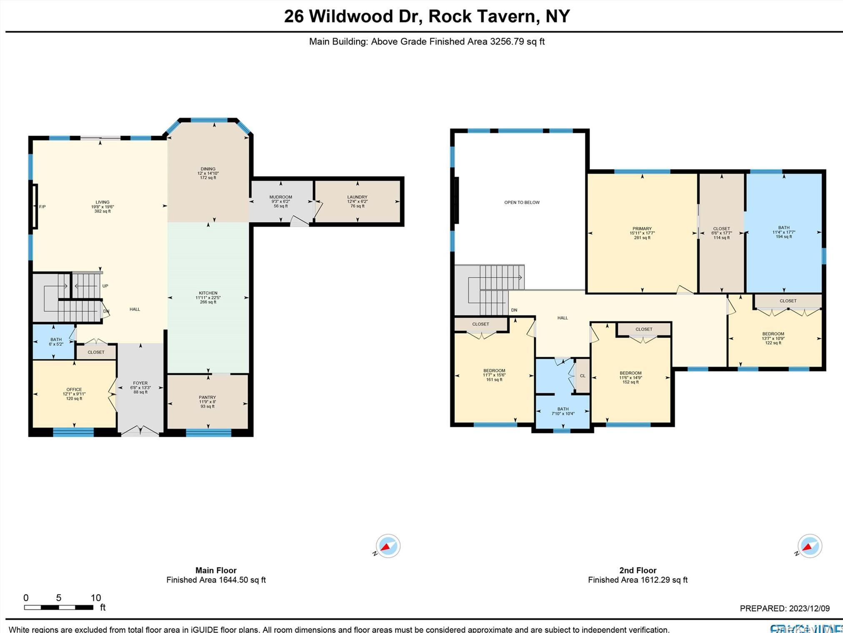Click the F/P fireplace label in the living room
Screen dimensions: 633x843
click(x=42, y=207)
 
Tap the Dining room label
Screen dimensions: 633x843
click(x=208, y=169)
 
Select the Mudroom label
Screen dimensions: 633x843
click(x=280, y=197)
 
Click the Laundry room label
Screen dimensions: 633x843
click(x=357, y=197)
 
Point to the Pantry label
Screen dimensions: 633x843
click(x=207, y=398)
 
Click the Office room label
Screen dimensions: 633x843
click(x=74, y=390)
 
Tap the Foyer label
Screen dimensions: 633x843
click(x=140, y=383)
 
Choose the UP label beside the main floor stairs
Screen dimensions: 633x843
click(x=105, y=286)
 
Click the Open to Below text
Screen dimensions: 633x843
click(x=522, y=203)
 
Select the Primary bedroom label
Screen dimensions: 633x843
click(x=642, y=229)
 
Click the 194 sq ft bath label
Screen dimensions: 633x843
click(x=783, y=232)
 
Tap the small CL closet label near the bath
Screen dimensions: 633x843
click(x=583, y=376)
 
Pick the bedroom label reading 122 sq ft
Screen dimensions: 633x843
click(x=773, y=338)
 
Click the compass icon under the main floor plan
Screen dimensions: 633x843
click(x=388, y=545)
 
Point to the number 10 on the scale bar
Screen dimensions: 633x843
click(x=96, y=598)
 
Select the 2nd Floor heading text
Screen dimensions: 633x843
click(x=638, y=570)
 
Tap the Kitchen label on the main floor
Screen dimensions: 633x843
click(x=208, y=293)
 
